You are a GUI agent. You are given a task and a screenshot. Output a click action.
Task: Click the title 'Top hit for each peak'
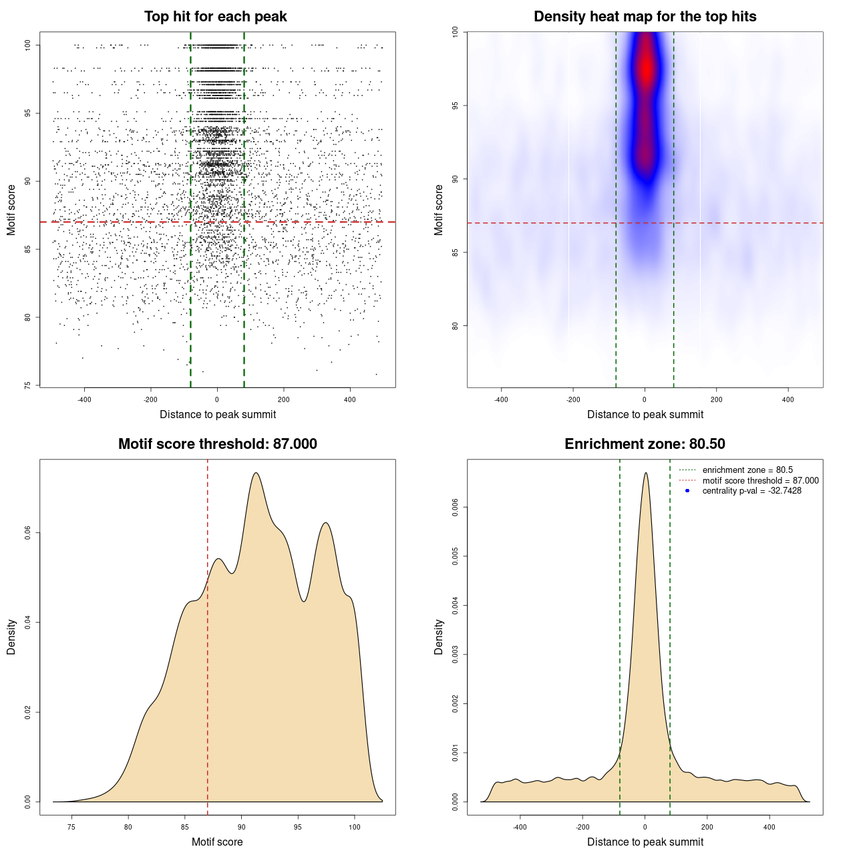point(215,17)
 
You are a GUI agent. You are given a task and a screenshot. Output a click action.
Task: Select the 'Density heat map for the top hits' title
point(645,17)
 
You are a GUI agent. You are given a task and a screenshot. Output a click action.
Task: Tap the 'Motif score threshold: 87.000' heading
point(217,444)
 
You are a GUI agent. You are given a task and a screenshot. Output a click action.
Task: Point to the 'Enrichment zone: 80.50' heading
point(645,444)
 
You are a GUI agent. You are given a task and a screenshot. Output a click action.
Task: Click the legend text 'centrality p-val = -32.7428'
point(751,491)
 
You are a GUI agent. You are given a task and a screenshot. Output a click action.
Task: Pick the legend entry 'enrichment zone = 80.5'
point(747,470)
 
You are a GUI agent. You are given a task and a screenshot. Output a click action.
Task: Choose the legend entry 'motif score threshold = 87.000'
point(760,481)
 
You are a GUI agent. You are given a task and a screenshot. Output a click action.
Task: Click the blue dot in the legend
point(687,491)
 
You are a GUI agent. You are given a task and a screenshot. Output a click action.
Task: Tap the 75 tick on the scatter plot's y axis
point(28,385)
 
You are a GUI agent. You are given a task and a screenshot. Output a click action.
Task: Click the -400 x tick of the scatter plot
point(84,399)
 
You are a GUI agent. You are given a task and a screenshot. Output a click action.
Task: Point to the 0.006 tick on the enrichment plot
point(456,508)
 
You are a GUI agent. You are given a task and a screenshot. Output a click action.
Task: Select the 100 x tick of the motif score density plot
point(355,827)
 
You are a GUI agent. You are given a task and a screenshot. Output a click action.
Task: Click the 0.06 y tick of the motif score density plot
point(28,533)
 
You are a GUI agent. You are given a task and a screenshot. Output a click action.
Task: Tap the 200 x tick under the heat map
point(717,399)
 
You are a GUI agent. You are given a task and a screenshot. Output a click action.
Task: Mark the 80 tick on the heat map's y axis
point(456,326)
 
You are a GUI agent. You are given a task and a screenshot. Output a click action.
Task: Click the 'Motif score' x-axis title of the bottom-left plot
point(217,842)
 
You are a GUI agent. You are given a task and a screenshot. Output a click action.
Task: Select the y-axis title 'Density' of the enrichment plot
point(439,637)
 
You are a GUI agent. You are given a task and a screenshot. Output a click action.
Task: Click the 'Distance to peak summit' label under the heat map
point(645,415)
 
